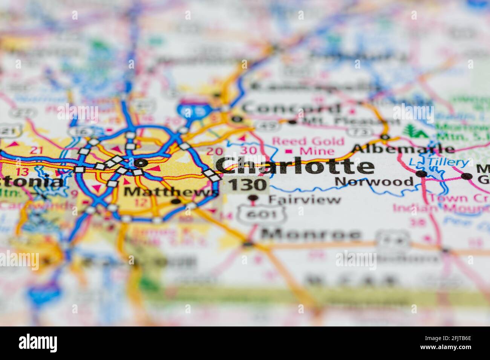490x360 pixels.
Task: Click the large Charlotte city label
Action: click(296, 166)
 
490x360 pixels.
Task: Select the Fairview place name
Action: click(305, 199)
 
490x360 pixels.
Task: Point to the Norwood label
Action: click(374, 182)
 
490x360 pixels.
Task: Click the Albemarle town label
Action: click(403, 148)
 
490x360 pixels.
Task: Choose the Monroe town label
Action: click(311, 234)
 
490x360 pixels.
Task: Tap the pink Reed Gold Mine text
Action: click(308, 146)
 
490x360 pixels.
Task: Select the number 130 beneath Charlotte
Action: click(247, 185)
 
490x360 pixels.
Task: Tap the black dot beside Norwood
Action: click(422, 174)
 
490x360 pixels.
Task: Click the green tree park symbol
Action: click(414, 131)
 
